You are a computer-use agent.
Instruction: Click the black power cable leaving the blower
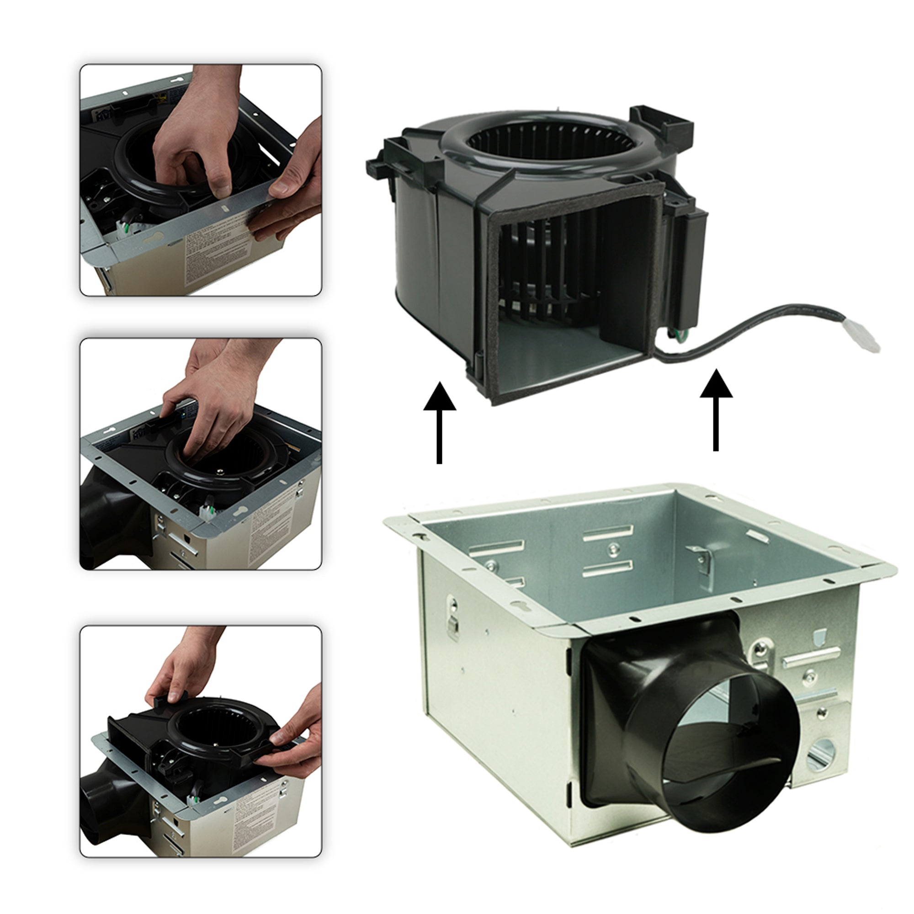coord(757,326)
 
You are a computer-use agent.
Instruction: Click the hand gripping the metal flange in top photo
coord(288,199)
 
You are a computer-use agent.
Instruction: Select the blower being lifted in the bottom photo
coord(199,738)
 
